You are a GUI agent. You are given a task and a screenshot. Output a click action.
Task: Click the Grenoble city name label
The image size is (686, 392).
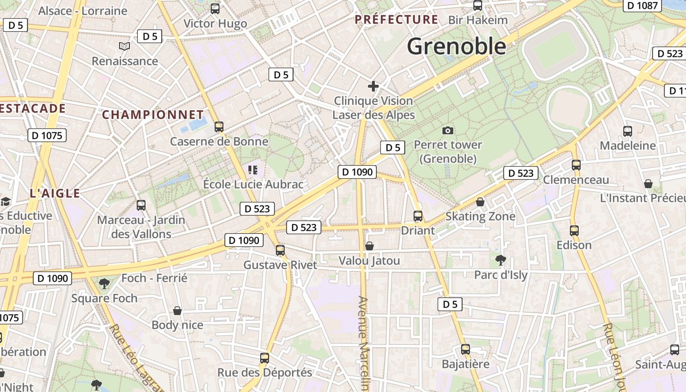[x=456, y=46]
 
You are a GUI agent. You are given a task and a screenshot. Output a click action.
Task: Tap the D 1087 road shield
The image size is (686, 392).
[x=642, y=5]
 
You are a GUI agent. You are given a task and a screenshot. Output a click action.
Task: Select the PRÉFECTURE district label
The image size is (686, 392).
[x=396, y=20]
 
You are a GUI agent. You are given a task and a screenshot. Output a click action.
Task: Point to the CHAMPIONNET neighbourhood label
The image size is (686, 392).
[x=153, y=115]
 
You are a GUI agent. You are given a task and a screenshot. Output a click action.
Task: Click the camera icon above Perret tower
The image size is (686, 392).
[x=447, y=130]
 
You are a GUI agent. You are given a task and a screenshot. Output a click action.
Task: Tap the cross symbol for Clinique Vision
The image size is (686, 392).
[x=373, y=87]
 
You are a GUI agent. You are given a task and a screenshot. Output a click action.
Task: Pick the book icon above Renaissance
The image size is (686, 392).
[x=125, y=46]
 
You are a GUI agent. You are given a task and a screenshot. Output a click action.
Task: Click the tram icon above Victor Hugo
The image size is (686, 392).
[x=215, y=8]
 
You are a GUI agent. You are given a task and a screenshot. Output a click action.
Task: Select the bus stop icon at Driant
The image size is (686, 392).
[x=418, y=216]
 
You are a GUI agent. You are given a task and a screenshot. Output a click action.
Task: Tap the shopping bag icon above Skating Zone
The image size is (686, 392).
[x=480, y=202]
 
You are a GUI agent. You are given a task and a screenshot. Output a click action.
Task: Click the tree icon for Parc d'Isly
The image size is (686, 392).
[x=500, y=260]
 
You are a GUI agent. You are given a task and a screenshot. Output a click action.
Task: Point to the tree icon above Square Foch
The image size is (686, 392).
[x=104, y=283]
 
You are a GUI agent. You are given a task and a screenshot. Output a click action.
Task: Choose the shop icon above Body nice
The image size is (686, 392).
[x=177, y=311]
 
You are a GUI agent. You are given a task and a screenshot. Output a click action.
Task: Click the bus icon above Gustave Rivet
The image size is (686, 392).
[x=280, y=250]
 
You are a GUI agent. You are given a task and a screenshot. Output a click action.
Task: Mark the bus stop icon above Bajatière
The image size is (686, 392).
[x=465, y=349]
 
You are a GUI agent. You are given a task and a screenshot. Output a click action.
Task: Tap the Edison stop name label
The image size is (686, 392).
[x=574, y=245]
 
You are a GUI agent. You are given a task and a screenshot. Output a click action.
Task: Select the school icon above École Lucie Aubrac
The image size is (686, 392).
[x=253, y=170]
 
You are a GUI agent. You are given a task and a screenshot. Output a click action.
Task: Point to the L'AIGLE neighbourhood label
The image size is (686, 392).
[x=55, y=193]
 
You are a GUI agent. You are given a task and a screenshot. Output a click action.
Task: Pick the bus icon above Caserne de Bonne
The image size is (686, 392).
[x=219, y=127]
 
